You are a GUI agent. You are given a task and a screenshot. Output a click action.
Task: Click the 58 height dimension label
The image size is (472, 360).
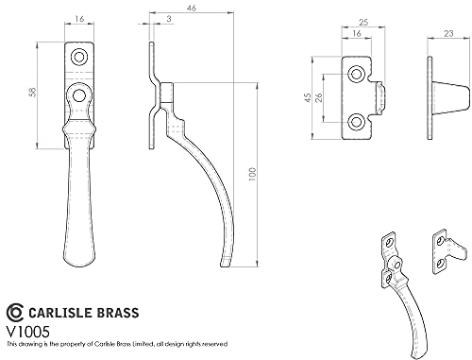coord(33,92)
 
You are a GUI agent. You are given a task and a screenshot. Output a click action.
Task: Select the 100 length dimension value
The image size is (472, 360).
coord(253,174)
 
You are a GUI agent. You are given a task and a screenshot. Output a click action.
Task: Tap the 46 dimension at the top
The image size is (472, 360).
coord(192,8)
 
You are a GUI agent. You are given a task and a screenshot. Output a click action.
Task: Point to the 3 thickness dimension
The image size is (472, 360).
coord(169,19)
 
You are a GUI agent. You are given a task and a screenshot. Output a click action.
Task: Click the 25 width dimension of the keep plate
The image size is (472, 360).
coord(363,23)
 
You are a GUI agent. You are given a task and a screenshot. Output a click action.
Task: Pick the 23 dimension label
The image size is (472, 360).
coord(448,33)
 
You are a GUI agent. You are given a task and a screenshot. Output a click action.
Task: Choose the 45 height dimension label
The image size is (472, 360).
coord(308,97)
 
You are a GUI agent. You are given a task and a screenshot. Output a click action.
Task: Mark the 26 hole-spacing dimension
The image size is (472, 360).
coord(319,97)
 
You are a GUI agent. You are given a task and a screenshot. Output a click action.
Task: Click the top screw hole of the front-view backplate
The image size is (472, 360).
coord(79,57)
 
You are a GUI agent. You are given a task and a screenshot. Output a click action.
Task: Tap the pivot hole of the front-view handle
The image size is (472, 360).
coord(79,94)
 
